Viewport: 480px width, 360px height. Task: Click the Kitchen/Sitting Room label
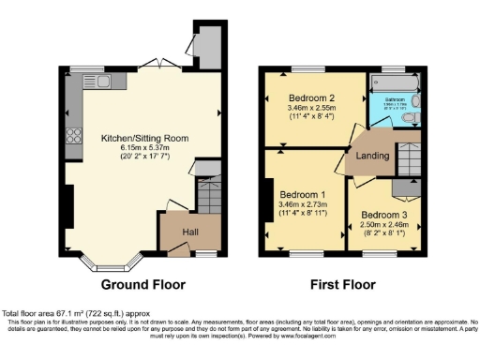click(145, 138)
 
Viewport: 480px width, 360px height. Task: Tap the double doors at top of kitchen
click(153, 66)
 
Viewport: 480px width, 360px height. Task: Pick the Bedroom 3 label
click(384, 215)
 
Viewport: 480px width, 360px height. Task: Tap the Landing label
click(371, 155)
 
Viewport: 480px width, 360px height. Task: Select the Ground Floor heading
click(142, 284)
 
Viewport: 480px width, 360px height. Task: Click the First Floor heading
click(344, 284)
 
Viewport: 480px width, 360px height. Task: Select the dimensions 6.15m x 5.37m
click(145, 148)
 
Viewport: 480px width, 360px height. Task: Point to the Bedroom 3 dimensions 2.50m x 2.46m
click(384, 225)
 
